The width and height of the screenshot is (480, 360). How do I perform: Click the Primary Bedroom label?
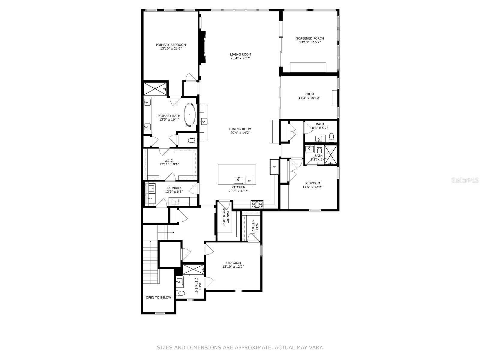[171, 45]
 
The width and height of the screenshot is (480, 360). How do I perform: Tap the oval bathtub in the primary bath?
[190, 115]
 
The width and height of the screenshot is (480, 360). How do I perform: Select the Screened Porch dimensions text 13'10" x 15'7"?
[310, 42]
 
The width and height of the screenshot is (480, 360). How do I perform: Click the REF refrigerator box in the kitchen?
[274, 167]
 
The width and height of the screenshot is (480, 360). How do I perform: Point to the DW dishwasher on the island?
[249, 181]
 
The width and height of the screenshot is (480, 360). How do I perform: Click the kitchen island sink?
[238, 180]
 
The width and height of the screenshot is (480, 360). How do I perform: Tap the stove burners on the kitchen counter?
[257, 204]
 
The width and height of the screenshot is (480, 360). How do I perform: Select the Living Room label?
[240, 55]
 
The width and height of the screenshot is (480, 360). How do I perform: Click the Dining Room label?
[240, 129]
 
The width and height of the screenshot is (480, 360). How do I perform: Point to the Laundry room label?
[174, 188]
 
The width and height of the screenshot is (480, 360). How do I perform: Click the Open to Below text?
[158, 298]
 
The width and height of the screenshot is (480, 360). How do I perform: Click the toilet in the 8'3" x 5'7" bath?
[331, 137]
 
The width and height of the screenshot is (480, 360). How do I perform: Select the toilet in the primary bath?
[191, 140]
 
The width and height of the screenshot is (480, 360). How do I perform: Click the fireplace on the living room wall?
[203, 46]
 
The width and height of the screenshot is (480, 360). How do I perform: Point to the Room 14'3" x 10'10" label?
[309, 94]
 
